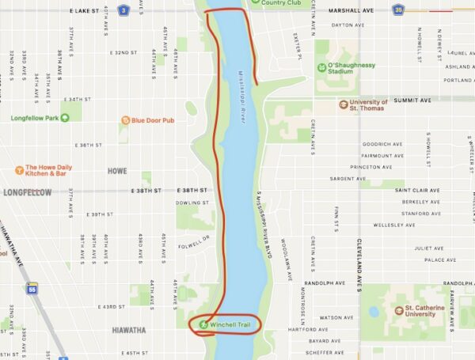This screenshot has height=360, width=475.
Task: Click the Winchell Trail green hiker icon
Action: click(x=203, y=324)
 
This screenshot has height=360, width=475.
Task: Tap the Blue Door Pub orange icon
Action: click(x=125, y=120)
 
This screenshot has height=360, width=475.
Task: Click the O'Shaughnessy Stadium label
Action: click(x=351, y=69)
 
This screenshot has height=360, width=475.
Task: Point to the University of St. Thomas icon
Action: click(x=343, y=104)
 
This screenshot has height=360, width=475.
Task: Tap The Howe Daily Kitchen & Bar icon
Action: click(x=19, y=169)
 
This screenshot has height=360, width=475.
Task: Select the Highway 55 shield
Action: click(x=32, y=288)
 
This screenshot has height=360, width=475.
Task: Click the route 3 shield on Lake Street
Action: click(x=123, y=10)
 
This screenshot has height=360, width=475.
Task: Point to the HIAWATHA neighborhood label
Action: click(x=128, y=330)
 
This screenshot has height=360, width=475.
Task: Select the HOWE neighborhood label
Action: click(x=117, y=171)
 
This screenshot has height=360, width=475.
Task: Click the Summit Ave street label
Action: click(x=414, y=100)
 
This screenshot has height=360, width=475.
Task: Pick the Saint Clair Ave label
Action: click(x=413, y=191)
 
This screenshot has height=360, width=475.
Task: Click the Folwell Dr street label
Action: click(x=192, y=238)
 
